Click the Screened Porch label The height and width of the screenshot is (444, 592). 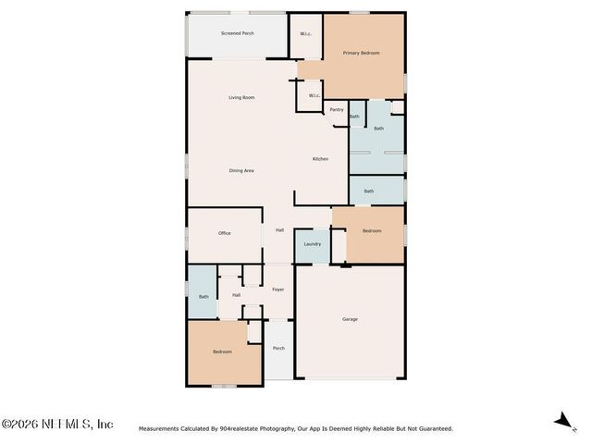237,33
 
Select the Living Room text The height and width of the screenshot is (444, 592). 241,97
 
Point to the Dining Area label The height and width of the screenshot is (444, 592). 241,170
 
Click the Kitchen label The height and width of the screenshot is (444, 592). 320,159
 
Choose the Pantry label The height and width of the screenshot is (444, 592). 337,110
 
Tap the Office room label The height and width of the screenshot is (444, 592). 224,233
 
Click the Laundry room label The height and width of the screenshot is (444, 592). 312,244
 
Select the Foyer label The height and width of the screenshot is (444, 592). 277,290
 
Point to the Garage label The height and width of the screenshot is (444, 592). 350,319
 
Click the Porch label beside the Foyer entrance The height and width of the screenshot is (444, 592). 278,348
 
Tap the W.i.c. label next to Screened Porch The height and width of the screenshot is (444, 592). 305,34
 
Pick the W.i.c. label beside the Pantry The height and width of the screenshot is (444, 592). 314,95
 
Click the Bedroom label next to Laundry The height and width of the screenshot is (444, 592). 371,230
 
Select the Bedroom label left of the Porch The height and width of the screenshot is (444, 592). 222,351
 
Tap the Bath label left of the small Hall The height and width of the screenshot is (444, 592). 203,297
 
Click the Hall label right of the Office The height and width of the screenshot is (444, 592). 279,230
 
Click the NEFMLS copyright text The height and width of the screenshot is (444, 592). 57,425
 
